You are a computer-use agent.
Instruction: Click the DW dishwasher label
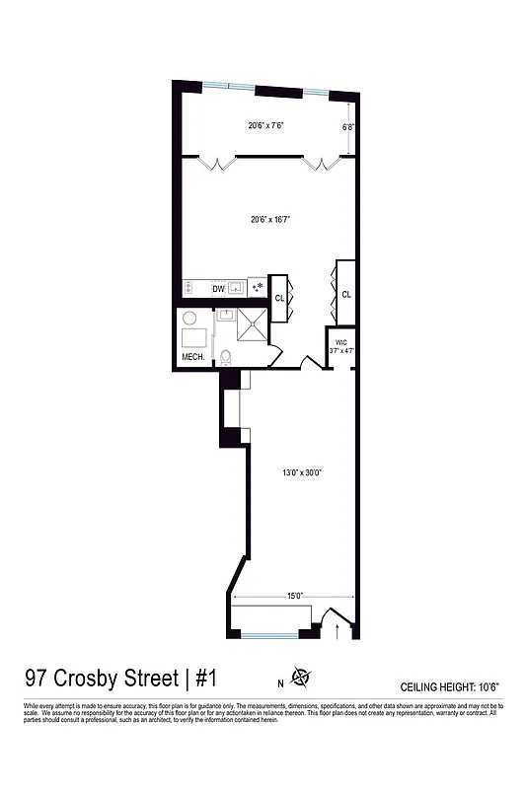click(219, 289)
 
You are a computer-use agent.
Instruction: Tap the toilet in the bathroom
click(225, 357)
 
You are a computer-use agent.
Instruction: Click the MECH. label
click(191, 357)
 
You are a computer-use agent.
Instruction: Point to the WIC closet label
click(341, 342)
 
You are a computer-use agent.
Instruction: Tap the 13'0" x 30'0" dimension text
click(302, 472)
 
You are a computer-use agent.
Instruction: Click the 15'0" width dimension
click(294, 595)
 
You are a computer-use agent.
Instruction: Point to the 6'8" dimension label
click(347, 126)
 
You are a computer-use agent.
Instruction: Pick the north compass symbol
click(301, 678)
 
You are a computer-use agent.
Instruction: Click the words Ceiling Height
click(439, 685)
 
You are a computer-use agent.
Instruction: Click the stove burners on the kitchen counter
click(189, 288)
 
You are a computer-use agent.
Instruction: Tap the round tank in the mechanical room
click(190, 321)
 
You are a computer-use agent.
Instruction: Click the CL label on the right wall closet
click(346, 294)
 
